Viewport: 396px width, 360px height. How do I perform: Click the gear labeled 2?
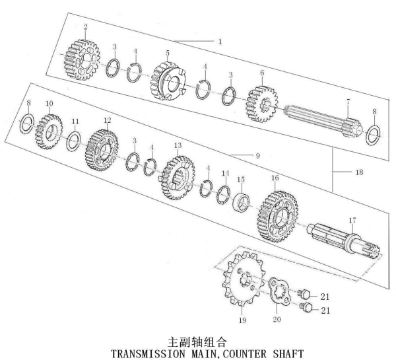click(x=81, y=60)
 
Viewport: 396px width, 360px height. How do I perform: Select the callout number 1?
click(x=220, y=42)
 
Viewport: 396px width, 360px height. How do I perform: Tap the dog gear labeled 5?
click(x=168, y=81)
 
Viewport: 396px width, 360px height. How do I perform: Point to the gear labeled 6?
click(x=262, y=104)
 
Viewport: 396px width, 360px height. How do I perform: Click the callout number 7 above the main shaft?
click(x=348, y=102)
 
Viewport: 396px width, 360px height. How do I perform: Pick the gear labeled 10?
click(x=49, y=131)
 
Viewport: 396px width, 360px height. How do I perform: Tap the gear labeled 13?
click(x=178, y=177)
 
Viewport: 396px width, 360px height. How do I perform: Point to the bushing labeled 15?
click(x=241, y=201)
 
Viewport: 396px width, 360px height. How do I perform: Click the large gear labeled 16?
click(x=279, y=216)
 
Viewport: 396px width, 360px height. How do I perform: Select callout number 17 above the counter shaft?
click(x=352, y=221)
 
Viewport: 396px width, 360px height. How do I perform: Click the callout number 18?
click(x=359, y=172)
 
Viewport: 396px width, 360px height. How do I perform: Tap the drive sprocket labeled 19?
click(x=242, y=279)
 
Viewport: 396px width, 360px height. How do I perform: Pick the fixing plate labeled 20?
click(x=279, y=290)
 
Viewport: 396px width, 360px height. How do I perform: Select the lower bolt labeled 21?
click(x=306, y=307)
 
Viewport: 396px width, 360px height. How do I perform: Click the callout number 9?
click(x=257, y=156)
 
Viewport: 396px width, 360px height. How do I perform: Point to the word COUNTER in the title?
click(x=245, y=353)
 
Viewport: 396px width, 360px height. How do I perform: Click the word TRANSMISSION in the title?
click(x=148, y=353)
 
